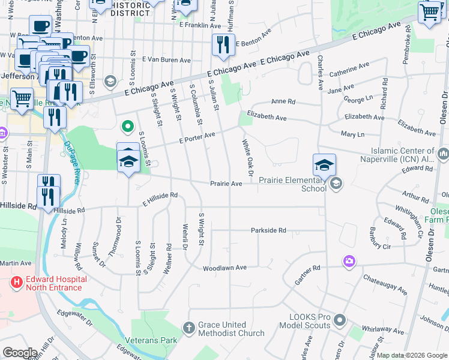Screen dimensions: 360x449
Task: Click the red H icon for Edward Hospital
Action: pyautogui.click(x=16, y=281)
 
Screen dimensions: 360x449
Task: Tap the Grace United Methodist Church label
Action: pyautogui.click(x=232, y=329)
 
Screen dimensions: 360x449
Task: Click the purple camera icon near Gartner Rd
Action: pyautogui.click(x=349, y=261)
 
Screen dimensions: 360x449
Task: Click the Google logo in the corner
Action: pyautogui.click(x=20, y=353)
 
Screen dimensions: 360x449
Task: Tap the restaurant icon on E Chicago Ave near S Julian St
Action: pyautogui.click(x=223, y=45)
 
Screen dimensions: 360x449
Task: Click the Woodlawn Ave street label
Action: pyautogui.click(x=225, y=268)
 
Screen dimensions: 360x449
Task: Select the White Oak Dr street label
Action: pyautogui.click(x=247, y=154)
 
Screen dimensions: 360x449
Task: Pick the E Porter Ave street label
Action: pyautogui.click(x=197, y=139)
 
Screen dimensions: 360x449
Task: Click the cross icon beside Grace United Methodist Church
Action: pyautogui.click(x=189, y=328)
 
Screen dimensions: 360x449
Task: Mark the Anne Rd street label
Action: pyautogui.click(x=283, y=101)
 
